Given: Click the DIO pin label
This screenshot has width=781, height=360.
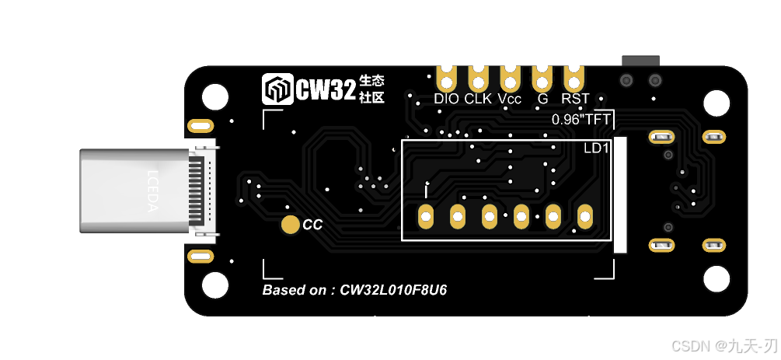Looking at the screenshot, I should click(447, 99).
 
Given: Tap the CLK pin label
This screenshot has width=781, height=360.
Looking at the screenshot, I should click(478, 99).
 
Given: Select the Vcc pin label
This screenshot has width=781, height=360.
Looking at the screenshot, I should click(510, 99).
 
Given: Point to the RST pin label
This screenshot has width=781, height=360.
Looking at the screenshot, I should click(575, 99).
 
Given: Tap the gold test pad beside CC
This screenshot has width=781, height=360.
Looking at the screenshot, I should click(291, 225).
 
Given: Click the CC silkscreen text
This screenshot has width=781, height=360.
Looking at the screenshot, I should click(312, 225).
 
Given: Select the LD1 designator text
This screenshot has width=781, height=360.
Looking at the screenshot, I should click(597, 147).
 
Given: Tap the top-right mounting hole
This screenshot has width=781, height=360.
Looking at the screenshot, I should click(716, 103).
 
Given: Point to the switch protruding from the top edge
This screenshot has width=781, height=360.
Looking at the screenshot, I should click(640, 60).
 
